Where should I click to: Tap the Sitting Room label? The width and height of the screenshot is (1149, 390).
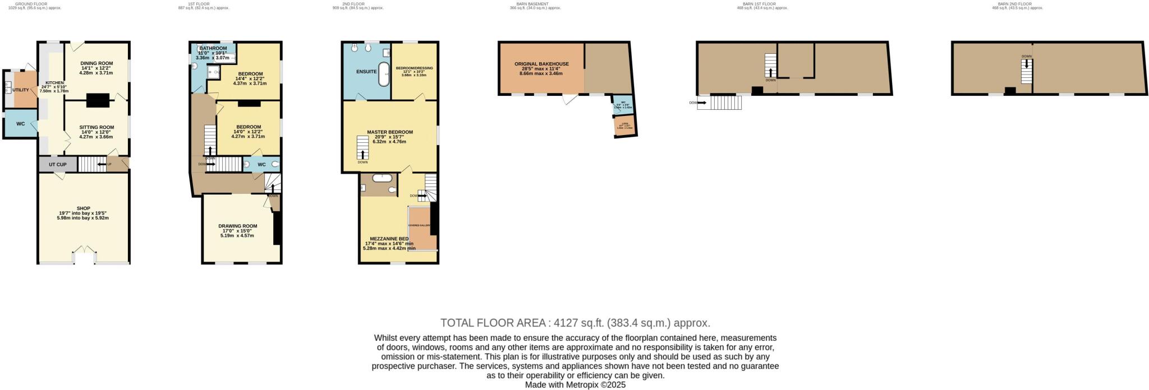point(96,127)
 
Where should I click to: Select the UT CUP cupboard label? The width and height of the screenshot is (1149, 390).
point(58,165)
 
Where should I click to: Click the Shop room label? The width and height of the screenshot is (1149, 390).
point(84,208)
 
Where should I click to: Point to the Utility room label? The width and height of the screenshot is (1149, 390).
point(20,90)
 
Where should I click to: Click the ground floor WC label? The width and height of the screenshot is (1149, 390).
point(20,124)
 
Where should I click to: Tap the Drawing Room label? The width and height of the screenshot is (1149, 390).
point(238,226)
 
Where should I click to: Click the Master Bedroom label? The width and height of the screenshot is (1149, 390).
point(390,132)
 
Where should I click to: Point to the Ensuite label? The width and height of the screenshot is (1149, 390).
point(366,72)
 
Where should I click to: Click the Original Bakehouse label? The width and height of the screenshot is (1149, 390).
point(541,64)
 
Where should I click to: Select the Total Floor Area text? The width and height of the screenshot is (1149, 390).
point(575,323)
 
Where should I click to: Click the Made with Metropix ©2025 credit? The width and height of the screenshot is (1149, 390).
point(575,385)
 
